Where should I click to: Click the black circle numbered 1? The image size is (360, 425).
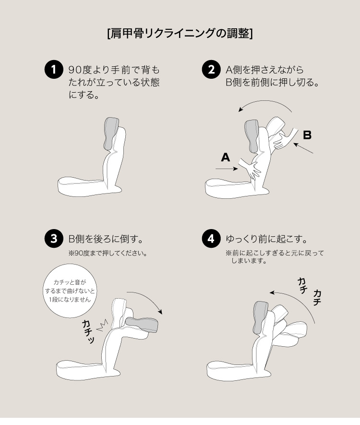point(54,69)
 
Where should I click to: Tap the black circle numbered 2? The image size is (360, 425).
point(211,69)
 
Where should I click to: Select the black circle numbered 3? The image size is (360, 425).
point(54,239)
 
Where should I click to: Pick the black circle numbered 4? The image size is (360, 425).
point(211,239)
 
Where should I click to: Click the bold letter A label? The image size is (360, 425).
point(226,157)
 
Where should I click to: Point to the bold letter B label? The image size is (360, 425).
point(307,135)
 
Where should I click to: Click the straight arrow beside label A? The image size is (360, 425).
point(227,169)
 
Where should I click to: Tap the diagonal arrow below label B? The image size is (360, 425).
point(303,148)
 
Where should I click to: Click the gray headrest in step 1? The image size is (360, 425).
point(112,134)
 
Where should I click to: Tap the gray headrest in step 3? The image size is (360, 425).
point(142,325)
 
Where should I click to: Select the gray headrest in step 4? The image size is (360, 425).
point(261,317)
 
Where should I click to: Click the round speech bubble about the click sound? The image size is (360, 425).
point(70,291)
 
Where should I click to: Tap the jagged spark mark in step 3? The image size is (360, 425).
point(102,325)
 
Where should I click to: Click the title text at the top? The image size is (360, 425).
point(180,34)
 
